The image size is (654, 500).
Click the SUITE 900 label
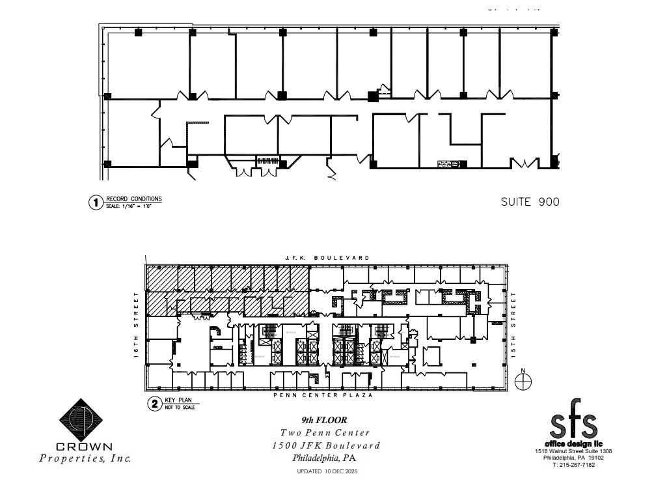pyautogui.click(x=530, y=202)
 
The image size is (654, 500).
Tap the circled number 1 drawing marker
pyautogui.click(x=96, y=202)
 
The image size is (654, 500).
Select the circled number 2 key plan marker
pyautogui.click(x=154, y=404)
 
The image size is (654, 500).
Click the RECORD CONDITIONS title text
pyautogui.click(x=134, y=199)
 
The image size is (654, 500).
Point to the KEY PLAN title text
pyautogui.click(x=180, y=401)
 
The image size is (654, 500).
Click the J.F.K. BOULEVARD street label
pyautogui.click(x=327, y=258)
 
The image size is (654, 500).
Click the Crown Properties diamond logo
pyautogui.click(x=83, y=420)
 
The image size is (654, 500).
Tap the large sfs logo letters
pyautogui.click(x=573, y=425)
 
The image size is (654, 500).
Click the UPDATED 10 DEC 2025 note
pyautogui.click(x=327, y=471)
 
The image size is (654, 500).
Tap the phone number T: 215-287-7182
pyautogui.click(x=573, y=465)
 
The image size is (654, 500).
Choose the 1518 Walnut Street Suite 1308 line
pyautogui.click(x=573, y=451)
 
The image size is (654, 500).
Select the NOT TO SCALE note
pyautogui.click(x=182, y=407)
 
